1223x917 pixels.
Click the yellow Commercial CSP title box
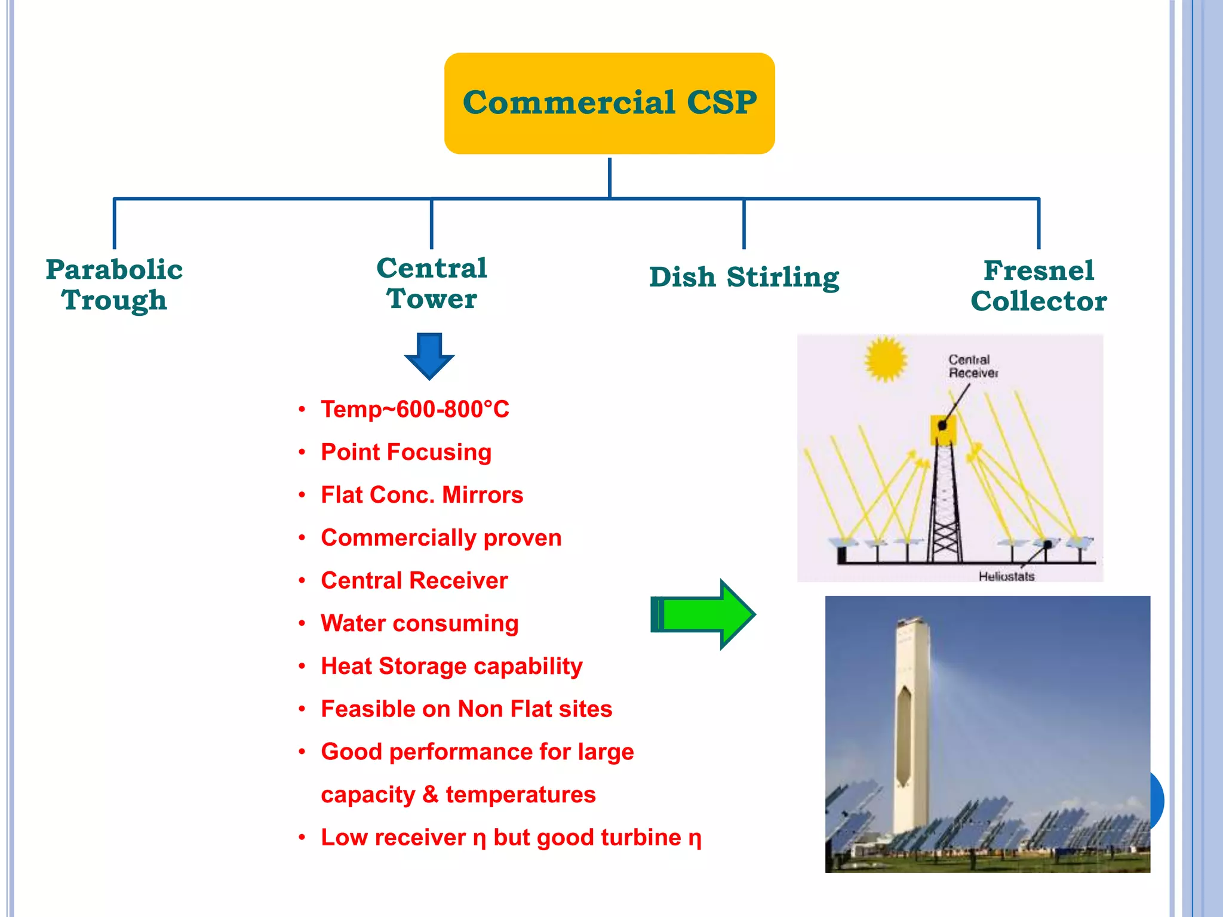pyautogui.click(x=609, y=103)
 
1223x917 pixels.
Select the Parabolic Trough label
pyautogui.click(x=114, y=285)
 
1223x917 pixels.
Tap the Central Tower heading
pyautogui.click(x=432, y=283)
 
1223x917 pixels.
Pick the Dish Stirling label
pyautogui.click(x=744, y=277)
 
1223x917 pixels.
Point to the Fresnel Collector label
pyautogui.click(x=1038, y=285)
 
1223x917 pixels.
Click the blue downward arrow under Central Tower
pyautogui.click(x=429, y=356)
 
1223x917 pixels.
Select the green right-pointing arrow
pyautogui.click(x=703, y=614)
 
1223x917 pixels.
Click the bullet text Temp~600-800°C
pyautogui.click(x=415, y=410)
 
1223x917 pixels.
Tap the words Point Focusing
pyautogui.click(x=406, y=452)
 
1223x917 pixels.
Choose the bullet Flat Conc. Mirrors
pyautogui.click(x=422, y=495)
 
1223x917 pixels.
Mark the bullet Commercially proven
pyautogui.click(x=441, y=538)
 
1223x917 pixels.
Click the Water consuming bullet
pyautogui.click(x=419, y=623)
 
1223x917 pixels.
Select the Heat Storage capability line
pyautogui.click(x=451, y=666)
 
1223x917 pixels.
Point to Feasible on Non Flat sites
pyautogui.click(x=466, y=709)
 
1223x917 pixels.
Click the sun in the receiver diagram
pyautogui.click(x=886, y=358)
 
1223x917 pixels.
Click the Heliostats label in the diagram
pyautogui.click(x=1006, y=576)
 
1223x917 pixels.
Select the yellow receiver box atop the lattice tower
pyautogui.click(x=944, y=429)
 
